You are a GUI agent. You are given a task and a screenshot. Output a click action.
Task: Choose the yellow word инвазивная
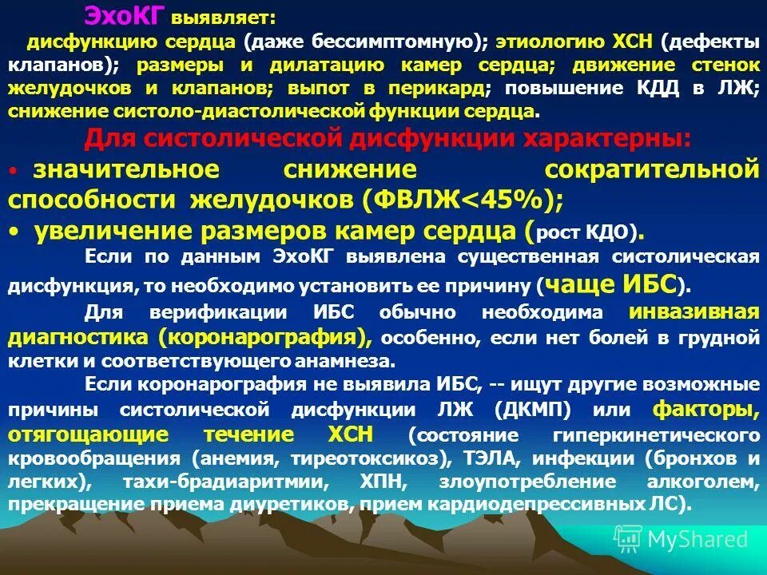click(693, 311)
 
